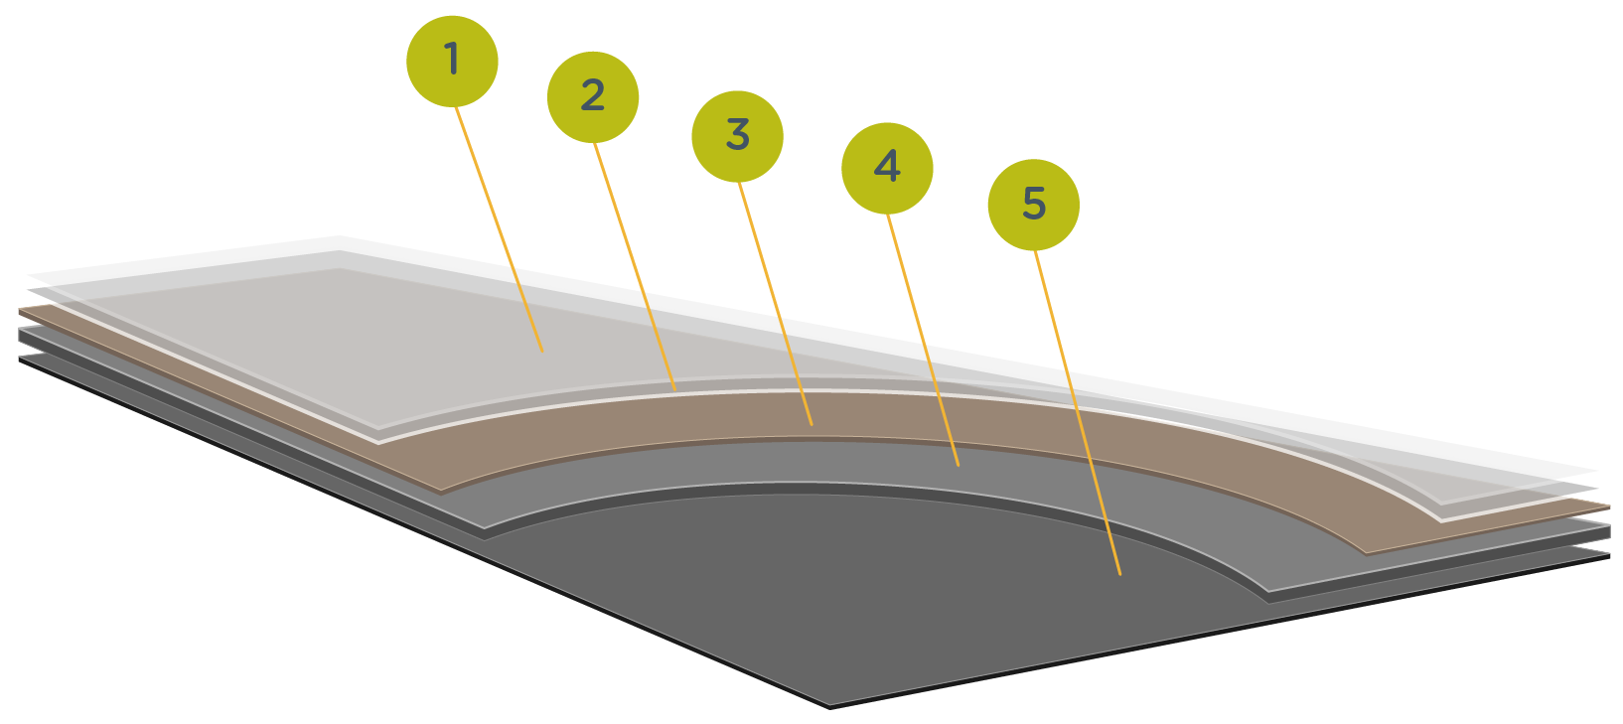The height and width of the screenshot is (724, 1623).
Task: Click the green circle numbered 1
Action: tap(452, 61)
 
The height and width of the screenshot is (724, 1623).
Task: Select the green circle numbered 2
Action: tap(593, 96)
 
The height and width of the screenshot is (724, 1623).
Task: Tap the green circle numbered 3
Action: tap(737, 136)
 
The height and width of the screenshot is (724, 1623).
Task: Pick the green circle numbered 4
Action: tap(887, 168)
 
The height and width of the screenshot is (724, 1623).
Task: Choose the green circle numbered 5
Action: tap(1033, 205)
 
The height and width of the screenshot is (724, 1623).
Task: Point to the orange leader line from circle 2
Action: tap(636, 268)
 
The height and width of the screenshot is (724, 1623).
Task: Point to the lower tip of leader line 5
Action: tap(1120, 574)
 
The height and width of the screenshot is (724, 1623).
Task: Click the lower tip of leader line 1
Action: tap(542, 351)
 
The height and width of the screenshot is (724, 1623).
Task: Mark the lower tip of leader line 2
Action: tap(675, 388)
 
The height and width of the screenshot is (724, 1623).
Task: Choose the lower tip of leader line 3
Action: tap(812, 425)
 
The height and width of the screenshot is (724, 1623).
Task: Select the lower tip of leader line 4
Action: tap(959, 465)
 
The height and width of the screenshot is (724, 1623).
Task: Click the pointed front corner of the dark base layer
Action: tap(830, 705)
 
